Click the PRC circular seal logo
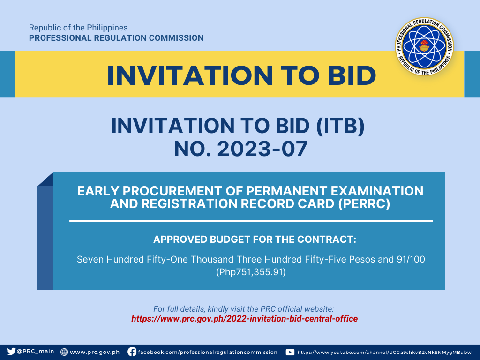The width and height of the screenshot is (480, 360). tap(424, 46)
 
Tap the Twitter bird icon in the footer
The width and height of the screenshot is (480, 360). tap(11, 352)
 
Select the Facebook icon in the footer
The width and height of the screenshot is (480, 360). tap(132, 352)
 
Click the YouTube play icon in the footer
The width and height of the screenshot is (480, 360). tap(290, 352)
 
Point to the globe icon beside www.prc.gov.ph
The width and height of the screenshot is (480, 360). tap(64, 352)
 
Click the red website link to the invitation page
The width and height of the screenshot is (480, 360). tap(245, 319)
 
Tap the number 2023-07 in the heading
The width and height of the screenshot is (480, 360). tap(262, 149)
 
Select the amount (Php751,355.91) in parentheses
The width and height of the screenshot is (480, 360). tap(251, 272)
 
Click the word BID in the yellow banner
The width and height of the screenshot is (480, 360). tap(352, 75)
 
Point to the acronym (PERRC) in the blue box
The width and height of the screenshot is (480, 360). tap(364, 204)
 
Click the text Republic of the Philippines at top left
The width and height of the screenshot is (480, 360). tap(78, 28)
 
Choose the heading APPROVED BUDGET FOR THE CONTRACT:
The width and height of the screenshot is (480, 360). tap(255, 240)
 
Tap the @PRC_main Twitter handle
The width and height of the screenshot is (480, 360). tap(36, 352)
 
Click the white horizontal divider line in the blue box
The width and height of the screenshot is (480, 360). tap(251, 220)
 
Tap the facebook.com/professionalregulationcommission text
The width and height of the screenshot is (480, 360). tap(208, 352)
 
